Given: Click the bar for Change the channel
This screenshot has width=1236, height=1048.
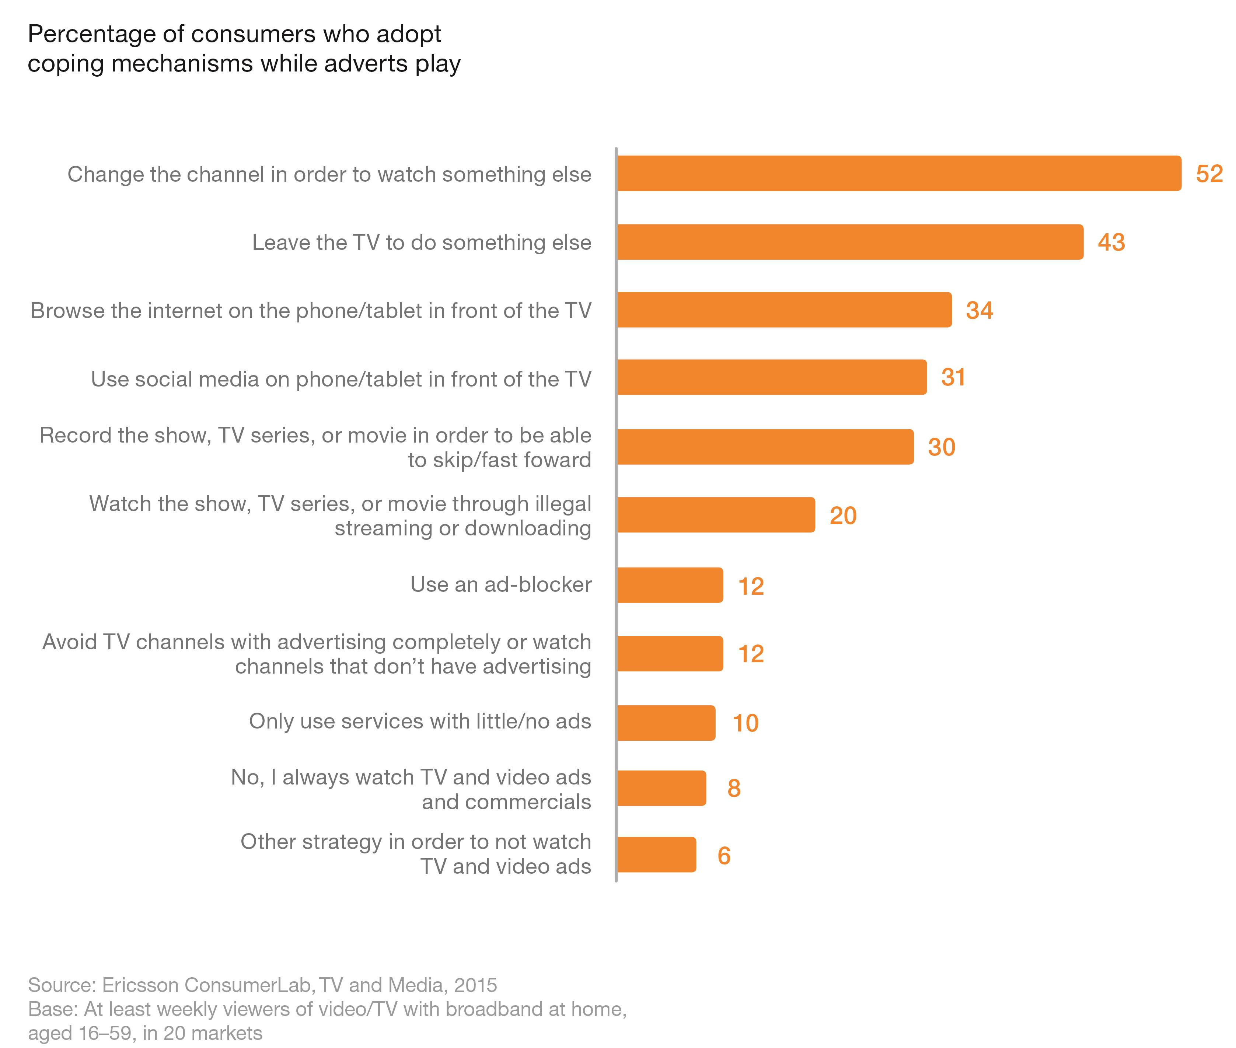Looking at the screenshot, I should (898, 174).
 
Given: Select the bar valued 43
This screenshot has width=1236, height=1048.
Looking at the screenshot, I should (850, 242).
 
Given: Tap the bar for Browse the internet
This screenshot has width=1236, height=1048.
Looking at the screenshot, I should (784, 310).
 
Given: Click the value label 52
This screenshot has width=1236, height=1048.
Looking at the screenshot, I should (1209, 174).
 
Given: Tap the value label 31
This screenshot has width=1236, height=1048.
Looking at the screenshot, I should (953, 378).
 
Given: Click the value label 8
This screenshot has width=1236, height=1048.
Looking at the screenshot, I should (733, 788).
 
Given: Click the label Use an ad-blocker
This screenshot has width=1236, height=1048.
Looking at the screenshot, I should (500, 584).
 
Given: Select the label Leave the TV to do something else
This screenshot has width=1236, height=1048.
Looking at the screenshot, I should (421, 242).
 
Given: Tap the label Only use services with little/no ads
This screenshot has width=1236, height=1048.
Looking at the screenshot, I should (419, 721).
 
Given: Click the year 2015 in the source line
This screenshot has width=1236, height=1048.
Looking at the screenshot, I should (475, 985).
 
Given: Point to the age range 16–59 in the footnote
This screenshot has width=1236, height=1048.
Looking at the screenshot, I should (105, 1033).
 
